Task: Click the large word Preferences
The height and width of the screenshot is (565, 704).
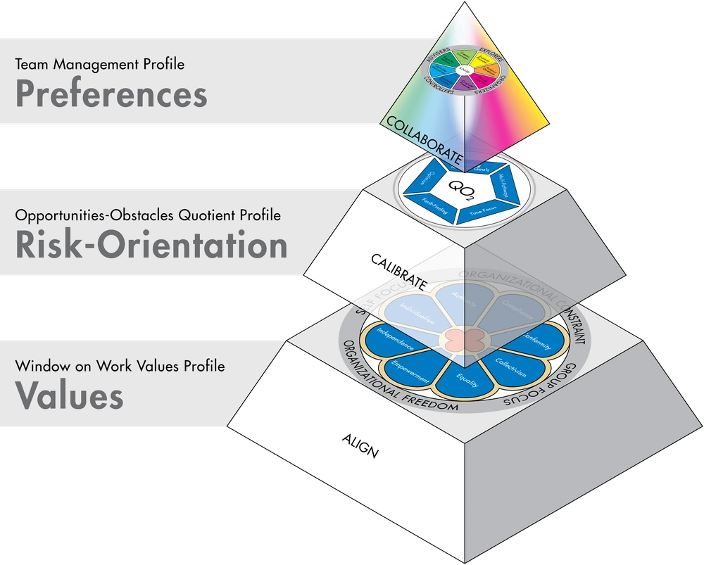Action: [x=111, y=94]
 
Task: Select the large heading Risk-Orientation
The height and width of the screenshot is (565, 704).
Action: [x=151, y=246]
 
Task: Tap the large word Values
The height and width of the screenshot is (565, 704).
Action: [x=69, y=395]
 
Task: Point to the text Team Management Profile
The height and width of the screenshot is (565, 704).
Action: [x=99, y=65]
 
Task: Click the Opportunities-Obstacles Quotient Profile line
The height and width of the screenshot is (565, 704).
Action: [x=148, y=215]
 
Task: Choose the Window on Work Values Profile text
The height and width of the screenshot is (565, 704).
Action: [x=120, y=367]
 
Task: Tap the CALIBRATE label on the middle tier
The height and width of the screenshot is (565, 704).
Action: [x=399, y=272]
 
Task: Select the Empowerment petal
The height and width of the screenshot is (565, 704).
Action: [x=411, y=370]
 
